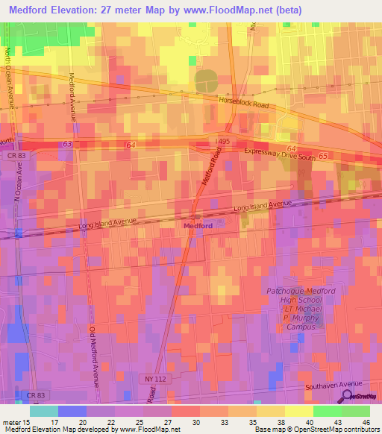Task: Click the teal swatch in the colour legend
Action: click(44, 410)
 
